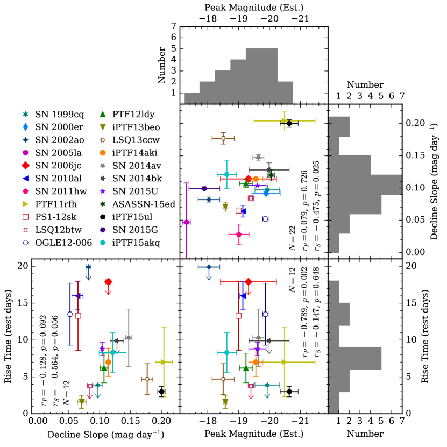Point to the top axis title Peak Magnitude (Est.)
coord(254,8)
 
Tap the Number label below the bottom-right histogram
coord(365,434)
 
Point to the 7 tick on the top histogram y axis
coord(173,26)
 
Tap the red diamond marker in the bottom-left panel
coord(108,282)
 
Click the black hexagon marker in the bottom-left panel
coord(161,392)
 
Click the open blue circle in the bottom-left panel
coord(70,314)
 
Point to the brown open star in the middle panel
coord(223,138)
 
